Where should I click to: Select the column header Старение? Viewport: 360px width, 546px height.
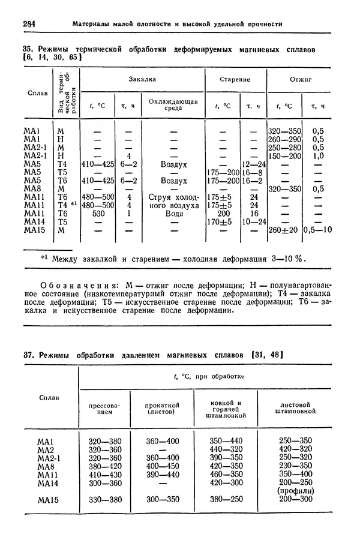click(235, 79)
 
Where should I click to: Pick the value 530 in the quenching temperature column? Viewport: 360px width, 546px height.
click(97, 213)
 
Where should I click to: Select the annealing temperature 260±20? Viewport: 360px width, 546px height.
click(283, 230)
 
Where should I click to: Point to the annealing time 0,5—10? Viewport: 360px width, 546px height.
click(316, 230)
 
